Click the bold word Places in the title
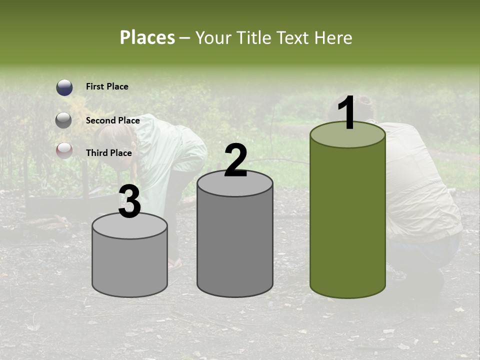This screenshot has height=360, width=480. tap(147, 37)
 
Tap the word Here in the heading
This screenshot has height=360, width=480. tap(335, 37)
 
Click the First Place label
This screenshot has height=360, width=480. tap(107, 86)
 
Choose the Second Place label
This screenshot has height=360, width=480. tap(112, 120)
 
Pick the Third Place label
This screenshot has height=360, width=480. tap(108, 153)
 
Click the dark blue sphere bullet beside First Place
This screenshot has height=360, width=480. tap(64, 87)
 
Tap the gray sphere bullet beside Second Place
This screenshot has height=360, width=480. tap(64, 120)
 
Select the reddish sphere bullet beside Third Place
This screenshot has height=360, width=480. tap(64, 150)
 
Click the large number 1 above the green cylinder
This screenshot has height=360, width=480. tap(347, 114)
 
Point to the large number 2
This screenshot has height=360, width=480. tap(235, 160)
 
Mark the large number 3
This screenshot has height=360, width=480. tap(129, 202)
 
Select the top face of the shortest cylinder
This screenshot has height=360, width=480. tap(129, 226)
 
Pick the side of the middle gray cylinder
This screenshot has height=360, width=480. tap(235, 245)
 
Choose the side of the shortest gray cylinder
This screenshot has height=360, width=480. tap(129, 265)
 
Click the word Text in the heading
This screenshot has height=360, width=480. tap(294, 37)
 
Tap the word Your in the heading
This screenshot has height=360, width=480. tap(211, 37)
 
